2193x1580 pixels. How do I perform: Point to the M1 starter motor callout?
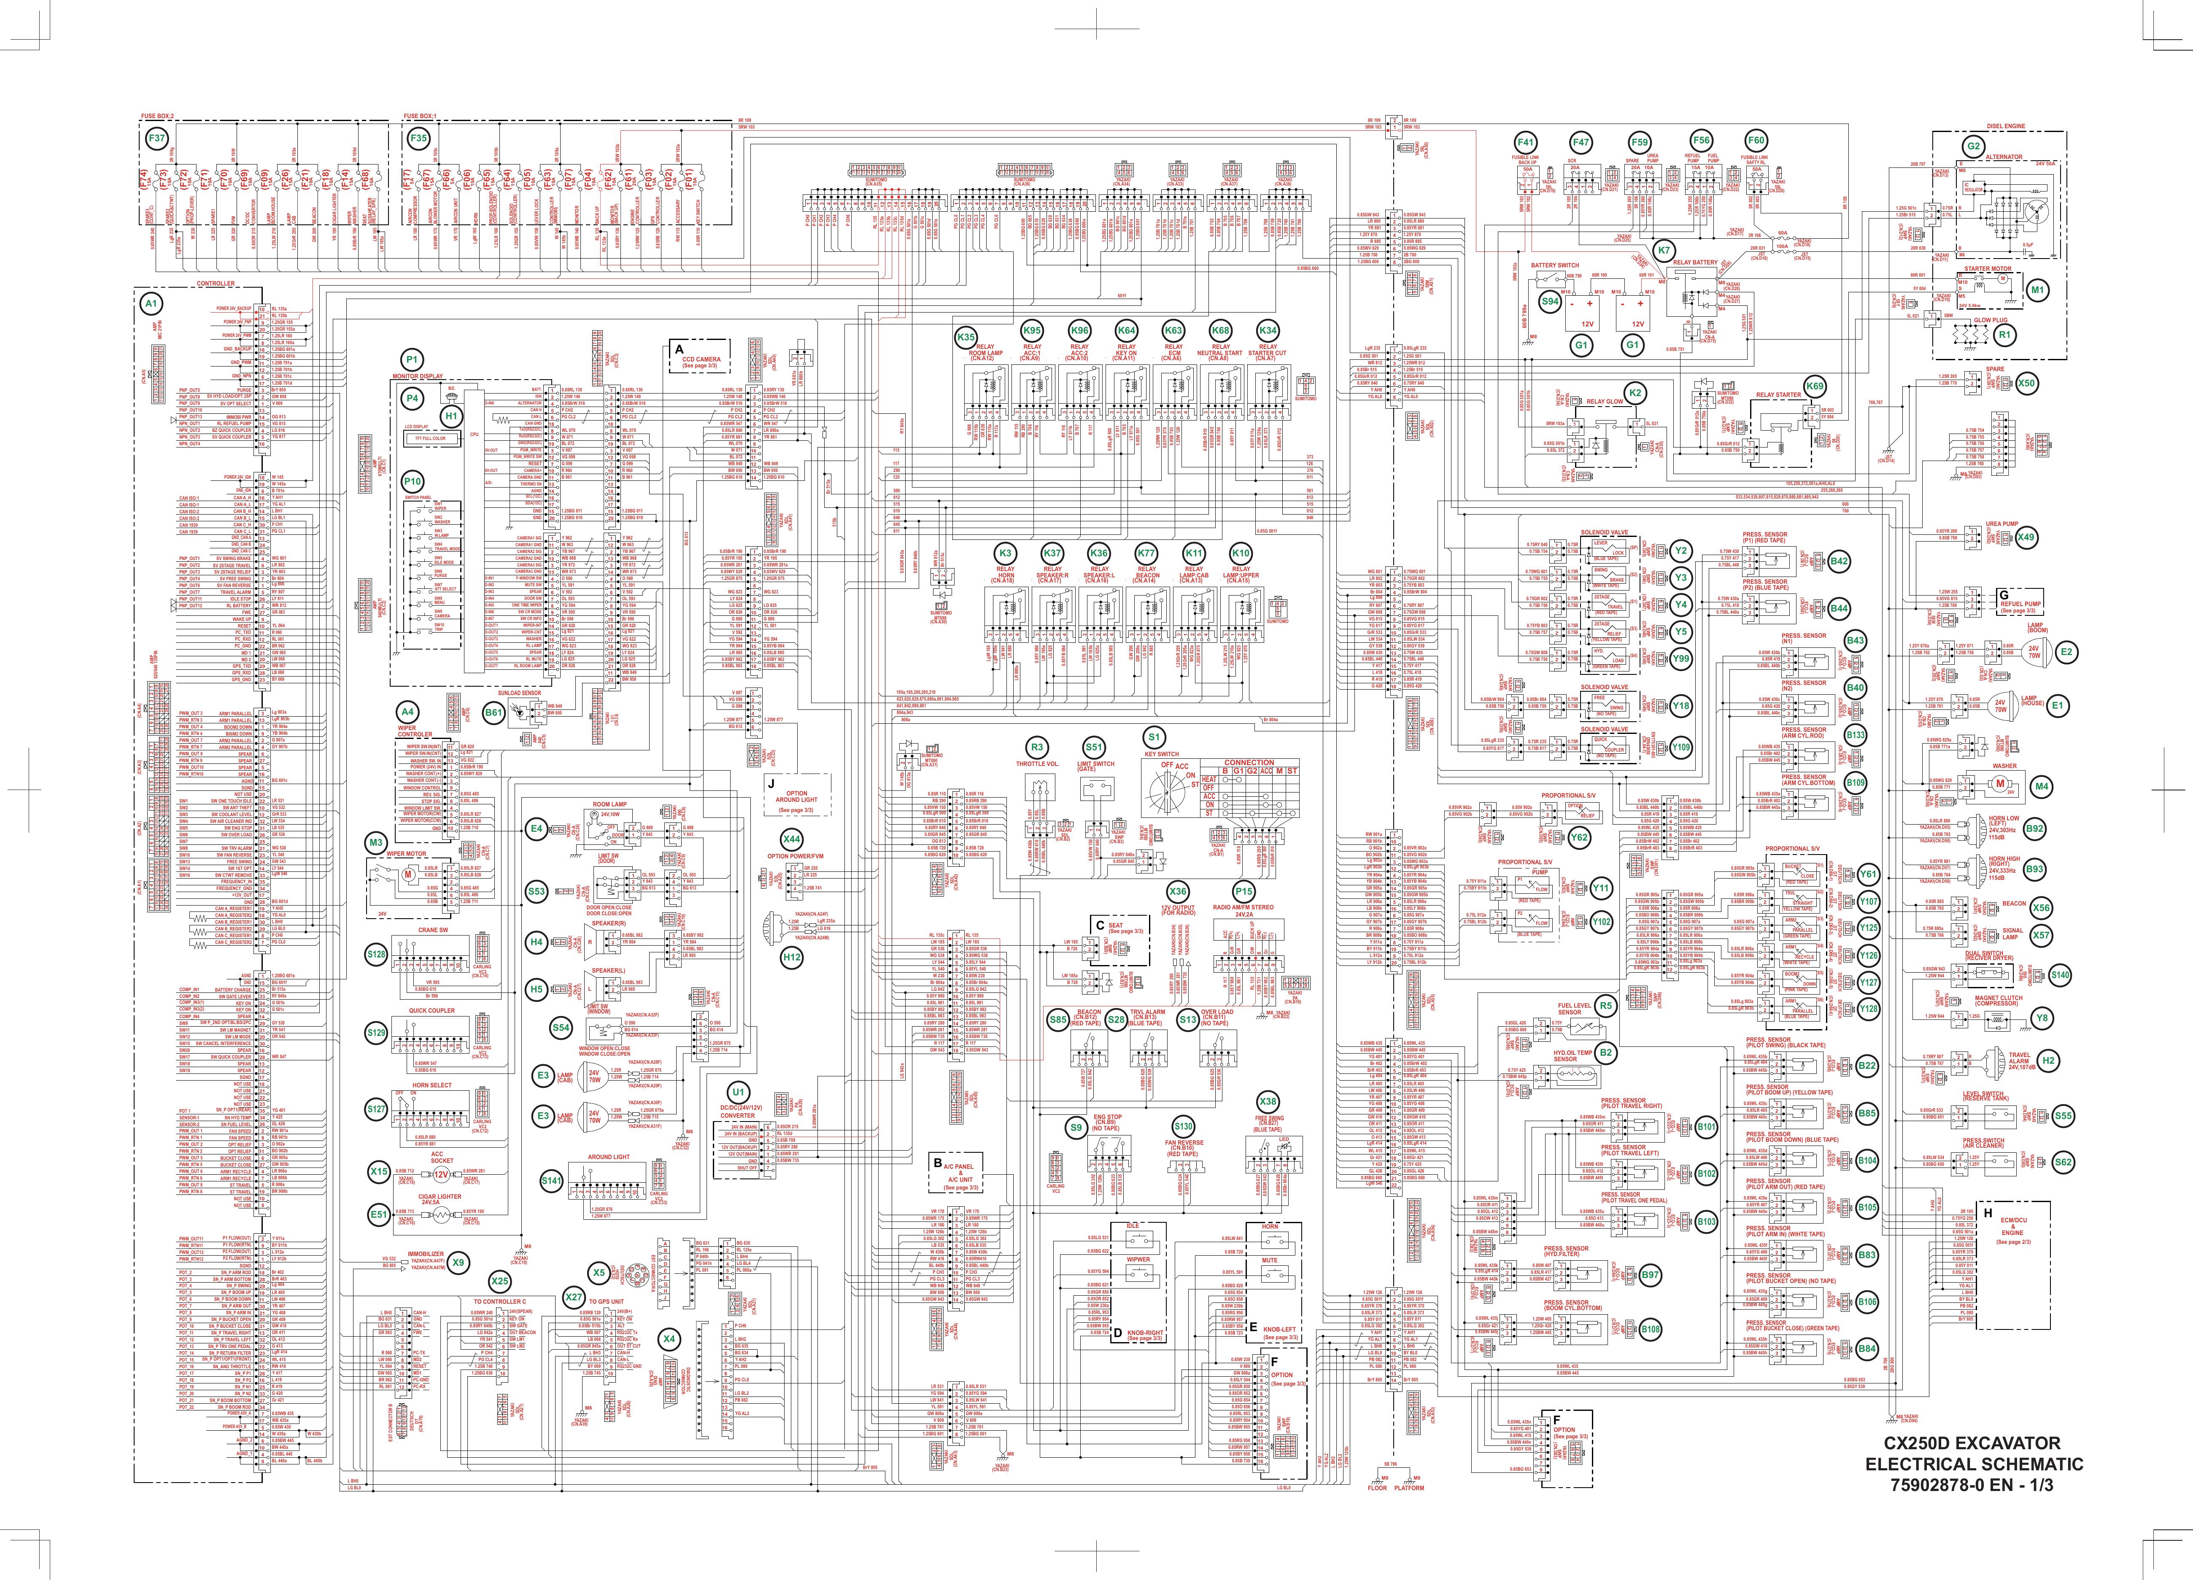point(2037,289)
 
